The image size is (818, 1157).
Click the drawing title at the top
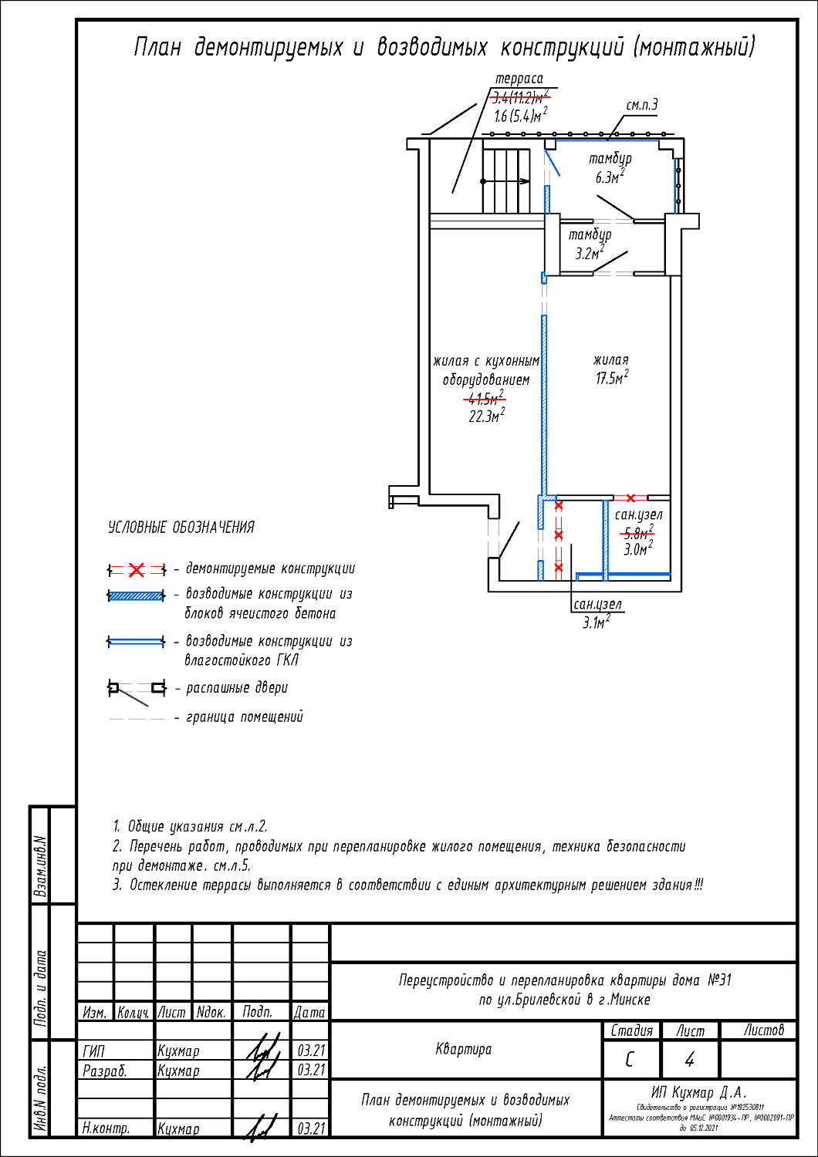pyautogui.click(x=444, y=48)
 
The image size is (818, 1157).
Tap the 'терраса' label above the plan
pyautogui.click(x=519, y=79)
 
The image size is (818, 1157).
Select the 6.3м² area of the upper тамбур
pyautogui.click(x=609, y=177)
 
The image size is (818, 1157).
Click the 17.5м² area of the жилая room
pyautogui.click(x=611, y=378)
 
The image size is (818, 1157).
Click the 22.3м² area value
pyautogui.click(x=486, y=417)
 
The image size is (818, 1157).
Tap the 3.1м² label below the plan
pyautogui.click(x=596, y=622)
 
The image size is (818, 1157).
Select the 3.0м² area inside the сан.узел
pyautogui.click(x=637, y=549)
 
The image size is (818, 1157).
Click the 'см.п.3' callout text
pyautogui.click(x=641, y=106)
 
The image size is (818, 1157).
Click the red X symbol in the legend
pyautogui.click(x=137, y=570)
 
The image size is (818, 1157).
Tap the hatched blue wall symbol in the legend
pyautogui.click(x=136, y=595)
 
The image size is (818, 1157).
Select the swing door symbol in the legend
pyautogui.click(x=136, y=689)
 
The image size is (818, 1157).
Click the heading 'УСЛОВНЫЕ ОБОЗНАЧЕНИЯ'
pyautogui.click(x=181, y=528)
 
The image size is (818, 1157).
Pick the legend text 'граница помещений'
pyautogui.click(x=245, y=717)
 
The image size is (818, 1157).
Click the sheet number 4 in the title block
pyautogui.click(x=689, y=1060)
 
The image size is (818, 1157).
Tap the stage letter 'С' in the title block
pyautogui.click(x=630, y=1060)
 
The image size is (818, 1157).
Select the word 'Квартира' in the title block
pyautogui.click(x=464, y=1049)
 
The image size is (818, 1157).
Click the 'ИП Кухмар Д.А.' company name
pyautogui.click(x=699, y=1093)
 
